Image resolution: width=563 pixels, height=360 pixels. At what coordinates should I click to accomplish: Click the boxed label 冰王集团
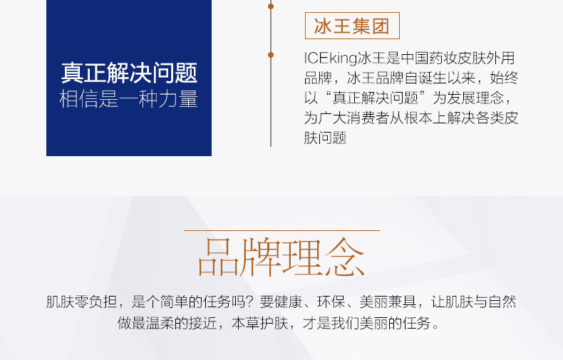pos(352,26)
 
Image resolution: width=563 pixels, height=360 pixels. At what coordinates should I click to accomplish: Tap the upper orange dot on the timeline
pos(271,6)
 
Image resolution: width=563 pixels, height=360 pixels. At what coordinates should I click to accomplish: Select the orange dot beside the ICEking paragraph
pos(271,55)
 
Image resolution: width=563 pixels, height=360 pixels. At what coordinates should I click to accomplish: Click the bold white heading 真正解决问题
pos(129,73)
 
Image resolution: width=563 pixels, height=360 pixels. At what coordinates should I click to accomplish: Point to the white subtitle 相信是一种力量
pos(128,99)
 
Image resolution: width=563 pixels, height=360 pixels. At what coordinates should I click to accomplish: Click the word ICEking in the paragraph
pos(331,58)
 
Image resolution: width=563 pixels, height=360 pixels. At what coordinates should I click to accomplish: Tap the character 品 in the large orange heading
pos(218,257)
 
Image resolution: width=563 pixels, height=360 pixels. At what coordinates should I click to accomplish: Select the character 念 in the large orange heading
pos(344,257)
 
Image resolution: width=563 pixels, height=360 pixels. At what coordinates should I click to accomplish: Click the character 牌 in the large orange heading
pos(260,257)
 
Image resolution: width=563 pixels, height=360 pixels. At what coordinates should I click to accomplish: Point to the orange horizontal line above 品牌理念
pos(281,230)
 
